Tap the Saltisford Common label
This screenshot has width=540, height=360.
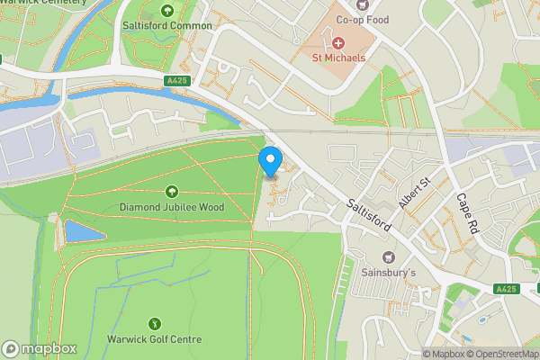pos(167,26)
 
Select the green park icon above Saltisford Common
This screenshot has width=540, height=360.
pos(167,11)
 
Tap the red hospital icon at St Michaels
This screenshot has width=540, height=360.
pos(338,42)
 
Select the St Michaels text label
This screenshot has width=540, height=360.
pos(338,58)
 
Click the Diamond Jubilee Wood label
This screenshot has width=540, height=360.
pos(171,206)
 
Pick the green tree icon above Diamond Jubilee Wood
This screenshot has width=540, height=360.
pos(171,191)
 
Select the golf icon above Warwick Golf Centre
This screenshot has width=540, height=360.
pos(155,323)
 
